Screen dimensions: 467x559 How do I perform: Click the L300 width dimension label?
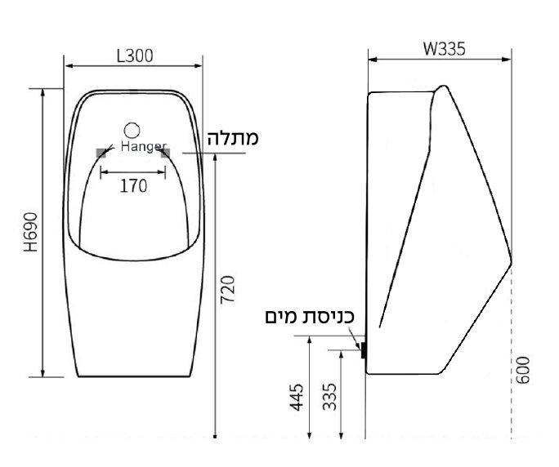136,56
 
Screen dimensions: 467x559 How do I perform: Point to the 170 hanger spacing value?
133,186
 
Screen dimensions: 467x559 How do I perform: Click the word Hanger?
143,145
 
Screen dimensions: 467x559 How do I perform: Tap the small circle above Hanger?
133,129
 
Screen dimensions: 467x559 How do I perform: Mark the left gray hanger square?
101,153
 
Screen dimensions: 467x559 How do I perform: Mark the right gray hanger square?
165,153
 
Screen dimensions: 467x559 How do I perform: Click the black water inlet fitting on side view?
364,351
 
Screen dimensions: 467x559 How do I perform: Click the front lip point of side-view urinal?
511,263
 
